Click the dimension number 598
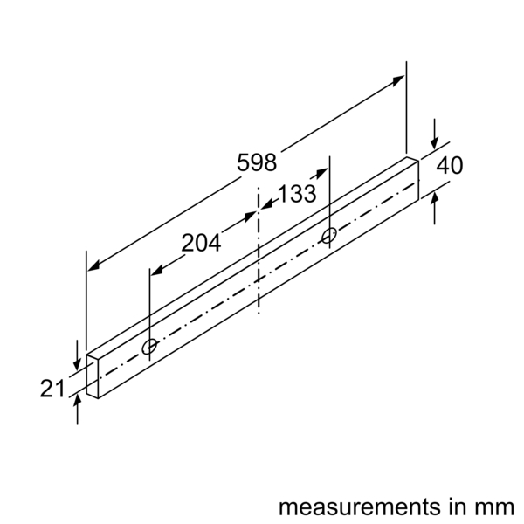coord(257,162)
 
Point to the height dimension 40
coord(450,165)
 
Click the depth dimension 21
coord(52,388)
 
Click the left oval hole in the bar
coord(150,348)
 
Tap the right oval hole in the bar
coord(329,235)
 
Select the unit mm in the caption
coord(495,507)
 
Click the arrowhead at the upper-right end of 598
coord(399,79)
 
